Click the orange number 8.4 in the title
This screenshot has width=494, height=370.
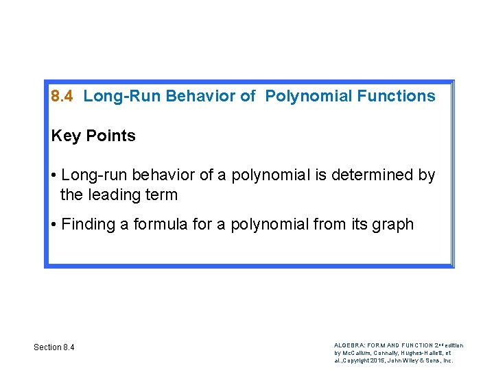click(62, 96)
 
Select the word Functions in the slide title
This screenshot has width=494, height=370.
click(397, 96)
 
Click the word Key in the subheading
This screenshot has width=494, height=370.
click(66, 136)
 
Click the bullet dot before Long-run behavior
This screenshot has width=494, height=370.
click(54, 176)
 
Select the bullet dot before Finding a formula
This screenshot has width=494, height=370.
click(54, 225)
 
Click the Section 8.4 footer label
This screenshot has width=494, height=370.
click(54, 347)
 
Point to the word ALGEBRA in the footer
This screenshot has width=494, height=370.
click(349, 345)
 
